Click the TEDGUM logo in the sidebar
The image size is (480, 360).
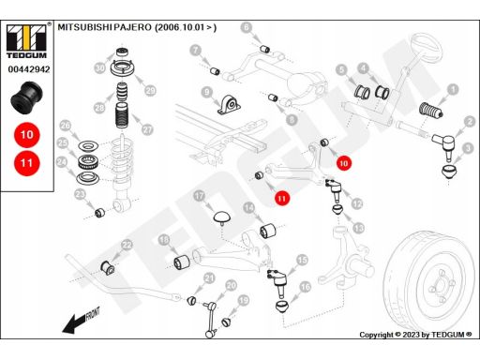(26, 41)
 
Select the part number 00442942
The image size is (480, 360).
(29, 69)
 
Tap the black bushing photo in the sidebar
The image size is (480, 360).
(27, 97)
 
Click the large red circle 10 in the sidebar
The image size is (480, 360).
(27, 135)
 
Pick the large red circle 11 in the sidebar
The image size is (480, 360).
(27, 163)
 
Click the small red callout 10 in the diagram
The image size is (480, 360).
(344, 163)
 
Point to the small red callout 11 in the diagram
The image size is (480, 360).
(282, 198)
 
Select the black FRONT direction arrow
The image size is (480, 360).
(81, 321)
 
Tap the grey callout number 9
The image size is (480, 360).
(207, 93)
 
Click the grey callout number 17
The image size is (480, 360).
(199, 196)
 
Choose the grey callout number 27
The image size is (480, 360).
(147, 129)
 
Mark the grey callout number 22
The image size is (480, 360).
(127, 245)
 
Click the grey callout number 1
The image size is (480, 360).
(453, 90)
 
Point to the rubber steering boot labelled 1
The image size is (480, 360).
(431, 111)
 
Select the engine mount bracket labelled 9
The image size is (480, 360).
(229, 105)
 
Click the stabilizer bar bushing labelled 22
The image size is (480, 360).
(108, 268)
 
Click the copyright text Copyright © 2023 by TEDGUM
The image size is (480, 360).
(415, 335)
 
